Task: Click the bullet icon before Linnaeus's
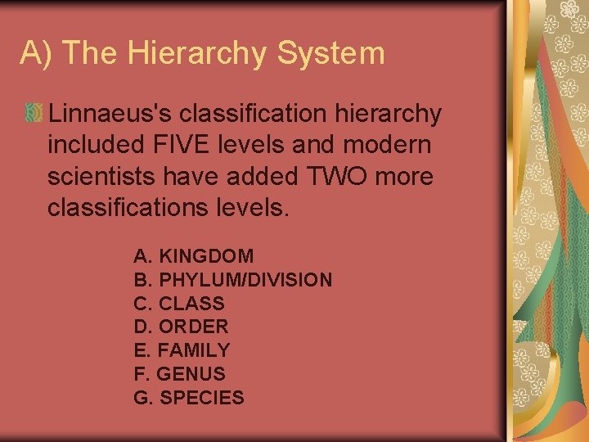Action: pyautogui.click(x=34, y=115)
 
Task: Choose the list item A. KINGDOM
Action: pyautogui.click(x=193, y=256)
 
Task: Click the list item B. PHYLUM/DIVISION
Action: pyautogui.click(x=232, y=280)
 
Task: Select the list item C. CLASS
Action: pyautogui.click(x=178, y=304)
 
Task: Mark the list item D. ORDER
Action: pyautogui.click(x=181, y=327)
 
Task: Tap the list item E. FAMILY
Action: pyautogui.click(x=182, y=350)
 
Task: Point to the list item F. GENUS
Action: pyautogui.click(x=179, y=374)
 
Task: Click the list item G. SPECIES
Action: pyautogui.click(x=188, y=398)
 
